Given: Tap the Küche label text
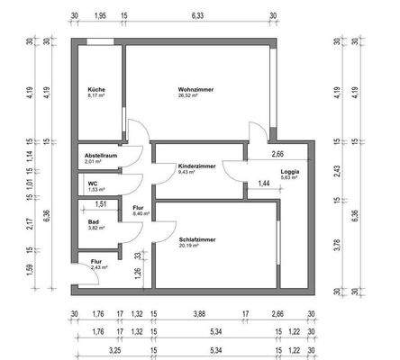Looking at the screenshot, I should click(95, 90).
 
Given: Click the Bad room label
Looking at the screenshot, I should click(94, 220).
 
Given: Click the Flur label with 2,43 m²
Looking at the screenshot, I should click(95, 261).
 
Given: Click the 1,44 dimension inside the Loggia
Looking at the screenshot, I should click(264, 184).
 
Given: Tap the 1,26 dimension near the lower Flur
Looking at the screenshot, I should click(137, 272).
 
